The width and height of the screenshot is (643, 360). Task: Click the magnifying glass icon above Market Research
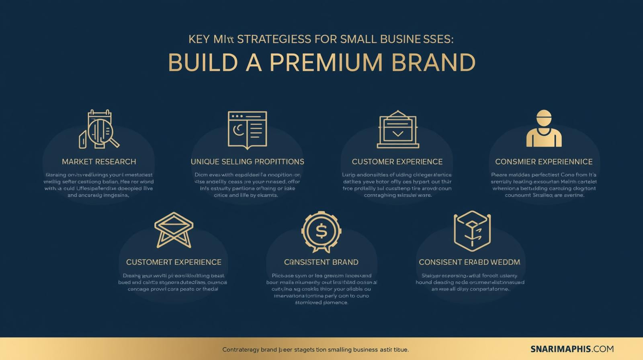99,129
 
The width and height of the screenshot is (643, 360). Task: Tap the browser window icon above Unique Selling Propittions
247,129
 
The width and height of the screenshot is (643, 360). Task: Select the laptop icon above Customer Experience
398,129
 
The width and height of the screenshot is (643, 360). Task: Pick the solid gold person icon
544,129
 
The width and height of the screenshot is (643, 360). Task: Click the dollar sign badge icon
321,231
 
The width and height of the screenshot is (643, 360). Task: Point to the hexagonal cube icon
472,231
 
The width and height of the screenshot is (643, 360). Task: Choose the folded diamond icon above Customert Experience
174,230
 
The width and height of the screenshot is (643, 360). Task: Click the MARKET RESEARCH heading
99,162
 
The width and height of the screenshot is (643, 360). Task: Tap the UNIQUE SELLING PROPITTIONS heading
247,162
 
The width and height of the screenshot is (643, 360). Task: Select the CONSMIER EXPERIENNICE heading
544,162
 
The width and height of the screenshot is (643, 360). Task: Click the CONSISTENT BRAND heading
321,262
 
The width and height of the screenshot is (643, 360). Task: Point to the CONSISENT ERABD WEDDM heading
469,262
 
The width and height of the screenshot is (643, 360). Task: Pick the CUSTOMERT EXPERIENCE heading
174,262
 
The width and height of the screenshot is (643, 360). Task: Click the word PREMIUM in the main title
326,62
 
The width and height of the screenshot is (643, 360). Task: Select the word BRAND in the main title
433,62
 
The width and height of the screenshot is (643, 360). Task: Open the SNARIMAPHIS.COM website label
572,349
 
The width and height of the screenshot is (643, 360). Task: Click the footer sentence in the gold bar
315,350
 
